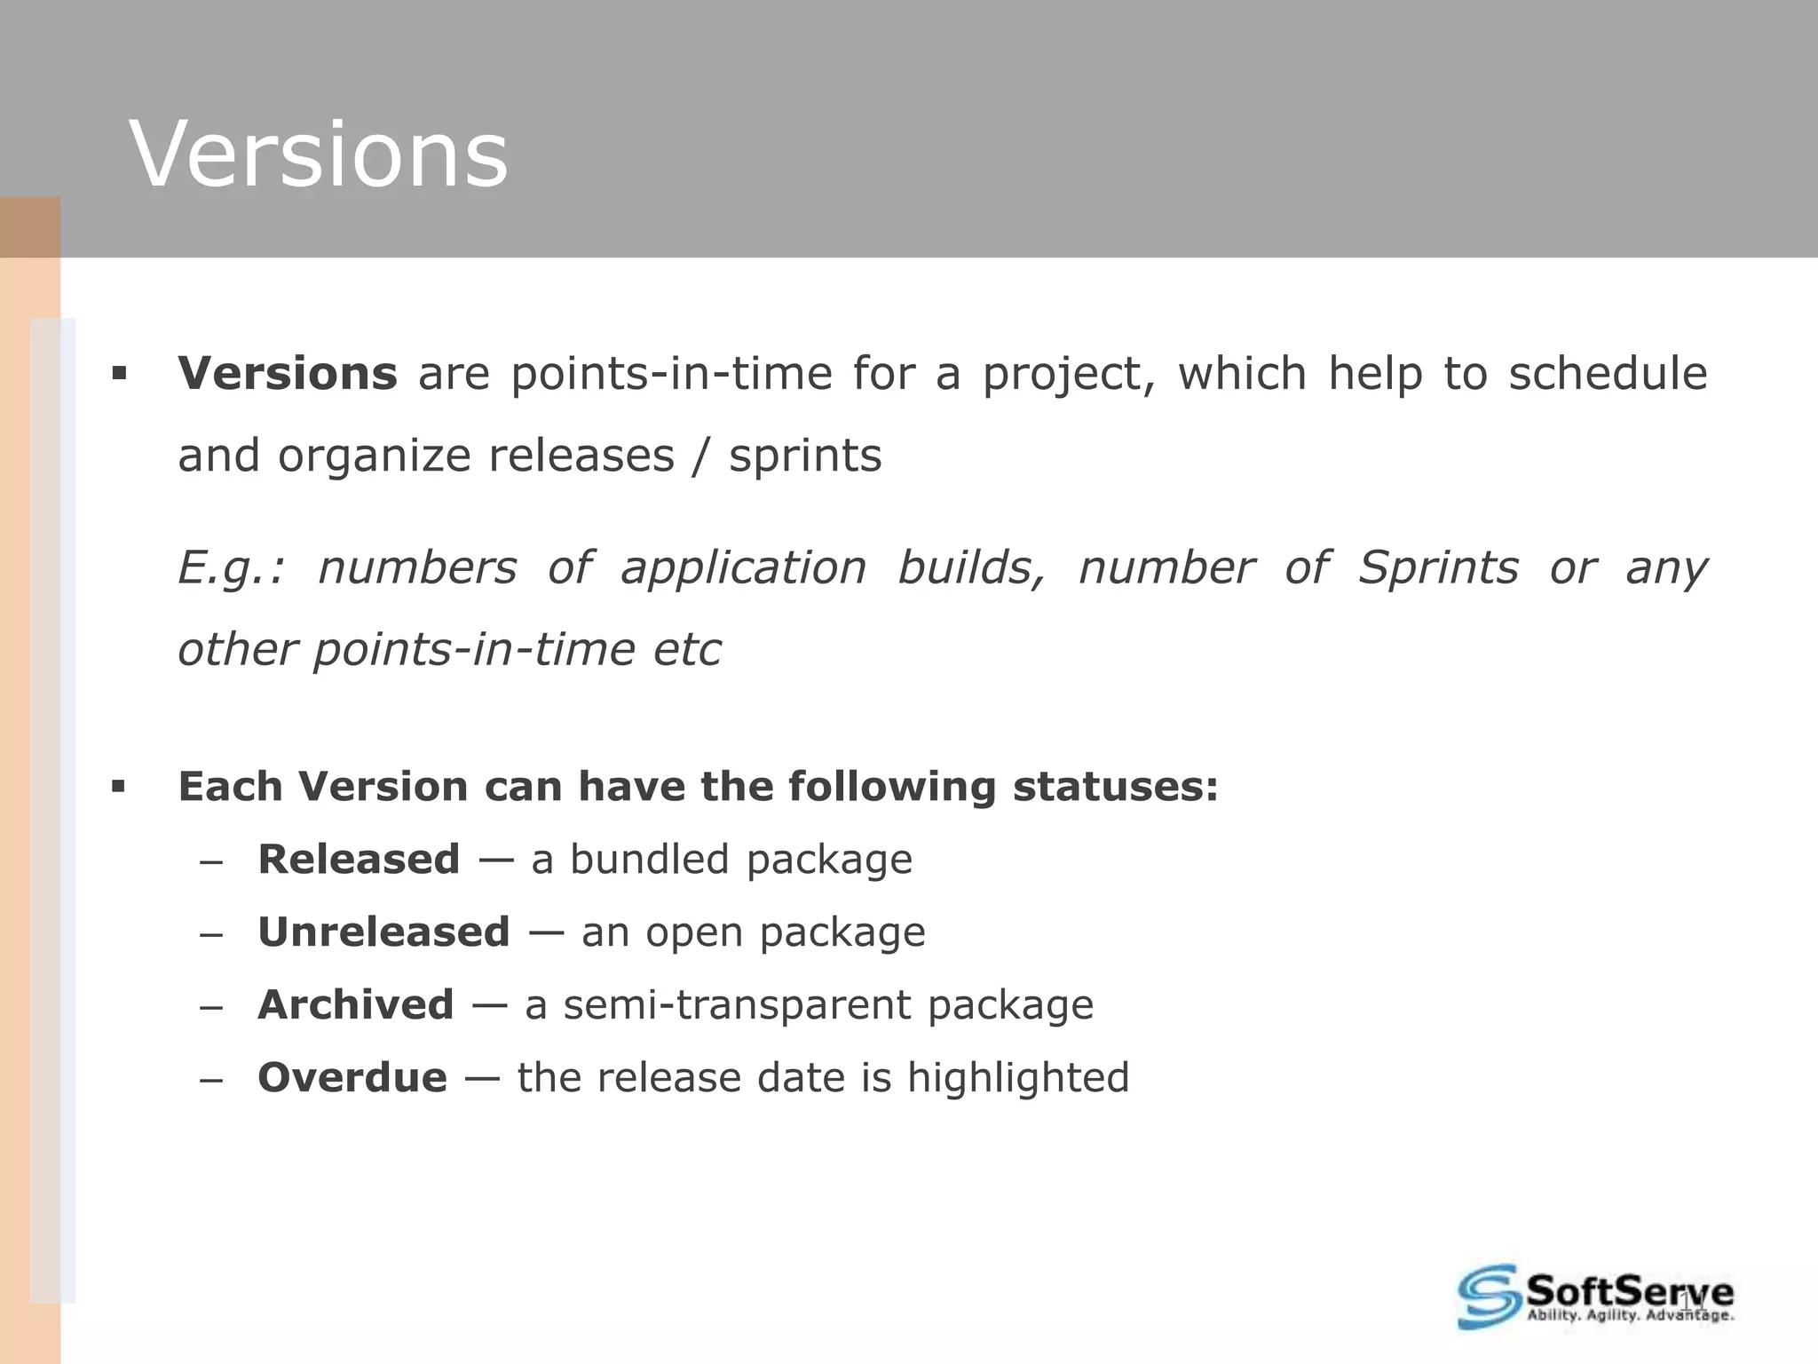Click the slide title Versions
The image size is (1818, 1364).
319,155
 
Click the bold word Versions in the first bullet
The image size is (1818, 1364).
288,373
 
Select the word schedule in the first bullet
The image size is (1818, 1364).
1608,373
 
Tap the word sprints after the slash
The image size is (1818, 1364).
805,456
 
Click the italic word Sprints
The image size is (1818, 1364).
1438,567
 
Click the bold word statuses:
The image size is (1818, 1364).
1116,787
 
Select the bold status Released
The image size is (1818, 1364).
359,860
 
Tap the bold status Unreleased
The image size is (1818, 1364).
383,932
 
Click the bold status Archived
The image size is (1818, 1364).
355,1005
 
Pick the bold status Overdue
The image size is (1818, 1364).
352,1078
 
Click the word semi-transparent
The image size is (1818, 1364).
737,1005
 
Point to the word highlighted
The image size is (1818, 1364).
1017,1078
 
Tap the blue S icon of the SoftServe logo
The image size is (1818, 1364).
1488,1296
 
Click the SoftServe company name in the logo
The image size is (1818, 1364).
1628,1289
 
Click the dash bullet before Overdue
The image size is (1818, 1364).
210,1080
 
